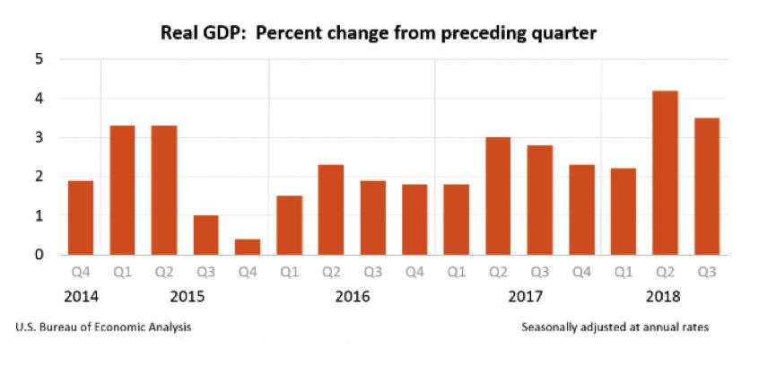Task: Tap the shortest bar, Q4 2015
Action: [x=248, y=247]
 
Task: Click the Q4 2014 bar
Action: [x=81, y=218]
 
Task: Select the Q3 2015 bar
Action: [x=205, y=235]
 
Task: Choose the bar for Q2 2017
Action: [x=498, y=196]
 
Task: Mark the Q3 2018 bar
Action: [x=706, y=187]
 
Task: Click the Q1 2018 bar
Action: [x=623, y=212]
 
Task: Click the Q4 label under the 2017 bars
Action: [x=580, y=270]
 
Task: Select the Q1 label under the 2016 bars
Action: [x=289, y=270]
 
